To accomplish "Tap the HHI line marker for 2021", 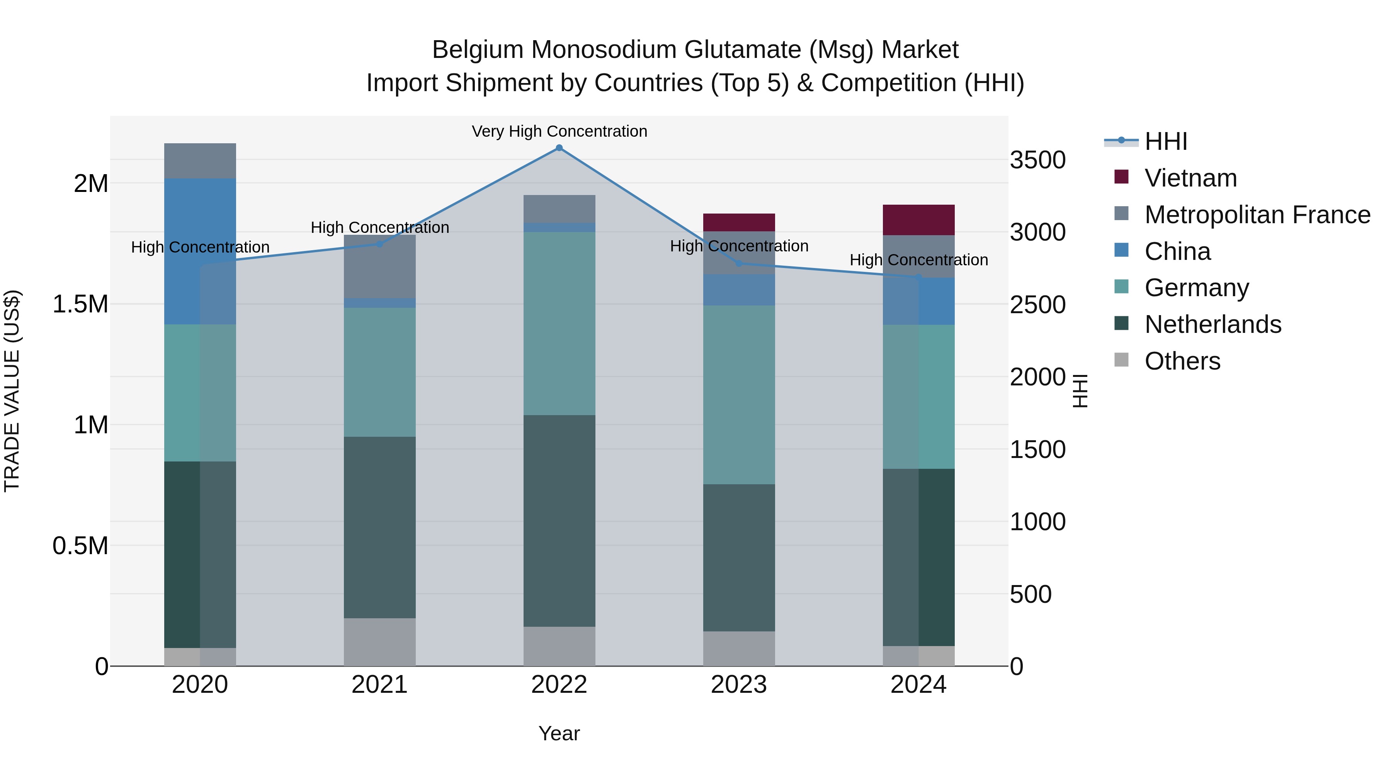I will click(379, 244).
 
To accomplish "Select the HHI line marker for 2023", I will click(739, 263).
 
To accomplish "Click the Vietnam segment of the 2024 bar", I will click(918, 220).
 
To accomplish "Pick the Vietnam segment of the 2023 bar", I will click(739, 222).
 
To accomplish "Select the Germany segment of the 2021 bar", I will click(379, 372).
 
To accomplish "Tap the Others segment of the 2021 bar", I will click(379, 642).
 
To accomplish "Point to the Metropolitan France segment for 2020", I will click(200, 161).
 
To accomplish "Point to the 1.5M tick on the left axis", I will click(80, 304).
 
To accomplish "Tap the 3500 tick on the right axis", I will click(1037, 160).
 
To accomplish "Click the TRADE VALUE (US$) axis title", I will click(12, 391).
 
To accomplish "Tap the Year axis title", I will click(559, 733).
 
